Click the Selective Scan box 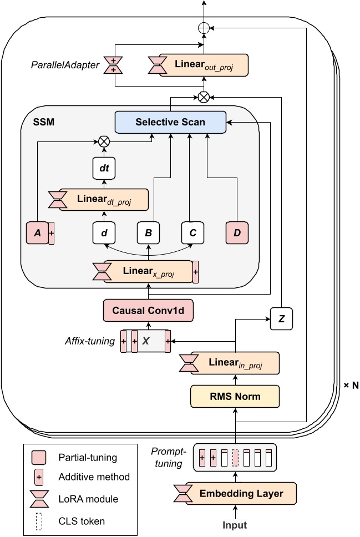click(x=170, y=121)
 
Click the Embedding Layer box click(x=241, y=493)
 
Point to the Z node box click(x=281, y=319)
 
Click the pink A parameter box click(x=38, y=233)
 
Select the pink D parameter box click(x=237, y=233)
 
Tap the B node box click(x=148, y=233)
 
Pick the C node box click(x=192, y=233)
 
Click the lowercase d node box click(x=103, y=233)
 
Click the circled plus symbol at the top click(x=204, y=27)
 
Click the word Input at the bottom click(x=235, y=525)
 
